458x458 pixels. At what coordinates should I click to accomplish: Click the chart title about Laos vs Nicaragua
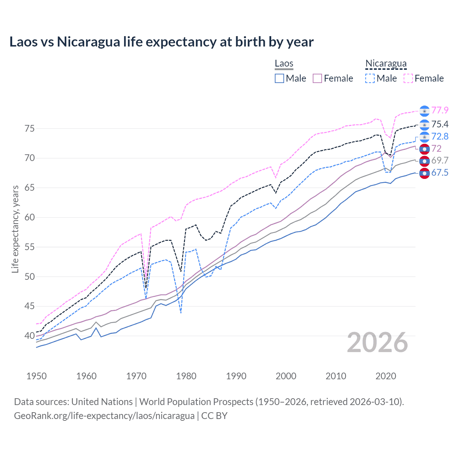click(161, 42)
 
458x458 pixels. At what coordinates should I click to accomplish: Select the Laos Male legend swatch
click(279, 78)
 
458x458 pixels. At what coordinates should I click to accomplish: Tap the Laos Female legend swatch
click(317, 78)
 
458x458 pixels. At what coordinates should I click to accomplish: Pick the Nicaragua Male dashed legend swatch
click(370, 78)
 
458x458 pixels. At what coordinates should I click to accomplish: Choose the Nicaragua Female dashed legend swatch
click(408, 78)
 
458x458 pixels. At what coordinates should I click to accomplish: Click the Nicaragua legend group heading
click(386, 63)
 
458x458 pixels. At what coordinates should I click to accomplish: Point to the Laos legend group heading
click(284, 63)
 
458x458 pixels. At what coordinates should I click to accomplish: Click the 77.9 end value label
click(440, 110)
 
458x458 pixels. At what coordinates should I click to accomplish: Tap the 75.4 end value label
click(440, 124)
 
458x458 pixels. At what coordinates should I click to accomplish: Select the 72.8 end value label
click(440, 136)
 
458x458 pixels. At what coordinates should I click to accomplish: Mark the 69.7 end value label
click(440, 160)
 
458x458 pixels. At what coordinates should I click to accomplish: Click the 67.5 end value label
click(440, 173)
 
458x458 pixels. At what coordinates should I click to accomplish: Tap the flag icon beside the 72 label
click(424, 148)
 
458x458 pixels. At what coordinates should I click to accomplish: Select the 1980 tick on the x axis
click(186, 376)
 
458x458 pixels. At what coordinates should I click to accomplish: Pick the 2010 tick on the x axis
click(336, 376)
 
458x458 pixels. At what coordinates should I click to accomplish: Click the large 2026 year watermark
click(377, 342)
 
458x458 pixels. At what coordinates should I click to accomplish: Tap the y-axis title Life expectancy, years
click(15, 229)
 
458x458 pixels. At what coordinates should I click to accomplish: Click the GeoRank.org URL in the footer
click(104, 415)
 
